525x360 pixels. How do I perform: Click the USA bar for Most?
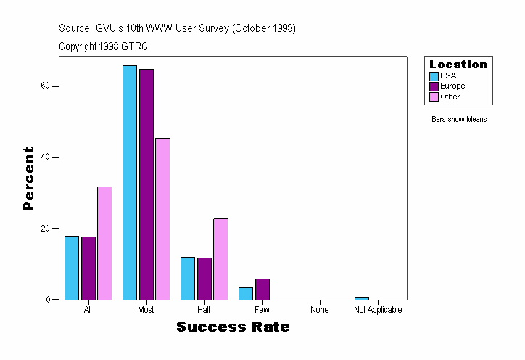point(130,182)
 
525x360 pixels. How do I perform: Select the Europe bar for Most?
point(146,184)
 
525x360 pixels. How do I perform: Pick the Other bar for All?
point(104,243)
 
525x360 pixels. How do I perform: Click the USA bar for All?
point(72,268)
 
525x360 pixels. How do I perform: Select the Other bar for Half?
point(220,259)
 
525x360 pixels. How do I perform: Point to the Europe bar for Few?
point(262,289)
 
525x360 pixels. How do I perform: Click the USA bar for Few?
point(246,293)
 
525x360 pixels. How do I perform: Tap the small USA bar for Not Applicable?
point(362,298)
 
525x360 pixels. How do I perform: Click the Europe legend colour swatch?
point(434,86)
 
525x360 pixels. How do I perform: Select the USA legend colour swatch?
point(434,76)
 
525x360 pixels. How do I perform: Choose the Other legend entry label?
point(450,97)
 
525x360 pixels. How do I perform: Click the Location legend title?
point(458,65)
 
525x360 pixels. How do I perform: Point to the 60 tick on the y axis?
point(45,86)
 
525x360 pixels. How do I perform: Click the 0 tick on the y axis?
point(47,299)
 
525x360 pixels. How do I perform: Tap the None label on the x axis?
point(320,310)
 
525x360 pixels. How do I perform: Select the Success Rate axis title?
point(233,327)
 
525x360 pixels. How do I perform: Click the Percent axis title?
point(28,179)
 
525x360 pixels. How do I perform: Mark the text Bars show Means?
point(458,119)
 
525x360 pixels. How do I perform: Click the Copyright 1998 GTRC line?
point(103,46)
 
